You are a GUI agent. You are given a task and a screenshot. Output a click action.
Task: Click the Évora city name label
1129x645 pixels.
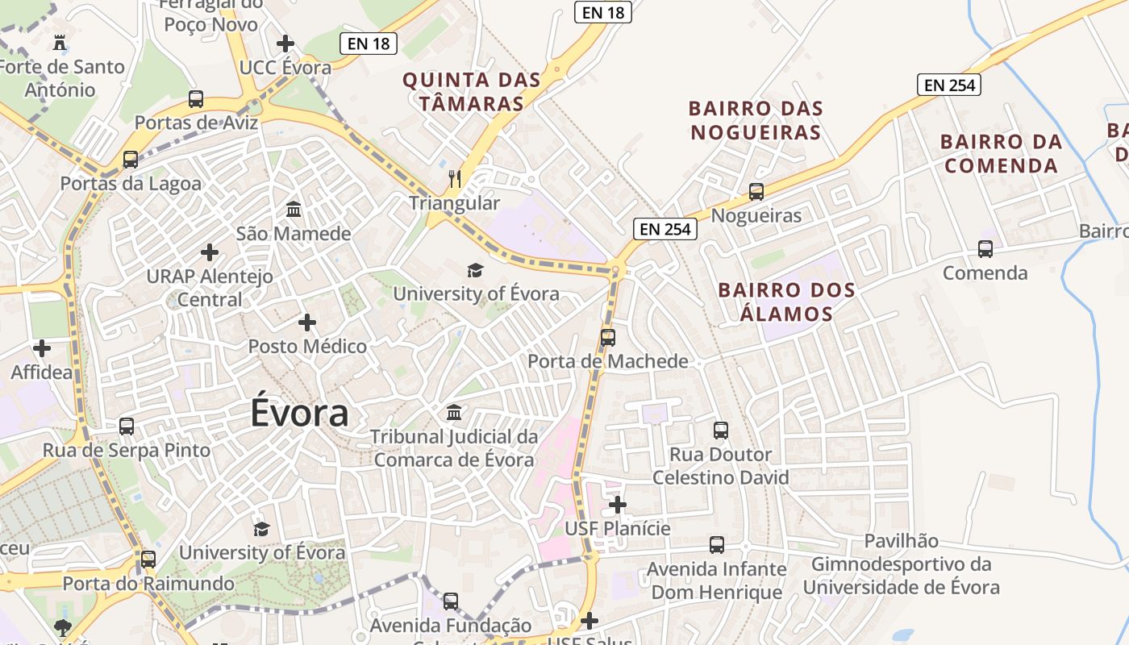coord(299,413)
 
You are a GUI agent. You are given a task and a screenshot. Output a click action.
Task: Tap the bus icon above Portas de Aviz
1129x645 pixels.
coord(196,99)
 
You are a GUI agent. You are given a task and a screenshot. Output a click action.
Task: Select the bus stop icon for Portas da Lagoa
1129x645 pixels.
coord(131,160)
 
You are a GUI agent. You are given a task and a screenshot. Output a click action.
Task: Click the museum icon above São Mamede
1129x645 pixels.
coord(294,210)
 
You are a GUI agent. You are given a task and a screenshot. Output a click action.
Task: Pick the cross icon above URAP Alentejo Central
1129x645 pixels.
coord(210,252)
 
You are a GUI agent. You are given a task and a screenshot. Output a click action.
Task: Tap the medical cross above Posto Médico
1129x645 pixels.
coord(307,322)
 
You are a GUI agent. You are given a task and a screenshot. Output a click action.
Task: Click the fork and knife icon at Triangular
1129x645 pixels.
coord(455,179)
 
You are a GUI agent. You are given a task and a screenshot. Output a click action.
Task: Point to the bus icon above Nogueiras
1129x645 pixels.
coord(756,192)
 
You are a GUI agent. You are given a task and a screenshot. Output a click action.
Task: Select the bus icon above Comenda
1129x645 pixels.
coord(985,249)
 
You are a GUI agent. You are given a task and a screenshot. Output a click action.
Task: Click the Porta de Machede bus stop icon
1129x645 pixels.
coord(608,337)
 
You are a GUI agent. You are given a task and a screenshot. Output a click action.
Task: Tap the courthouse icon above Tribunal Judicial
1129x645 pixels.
coord(454,413)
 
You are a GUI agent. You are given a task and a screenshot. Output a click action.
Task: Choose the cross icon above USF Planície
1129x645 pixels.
coord(618,505)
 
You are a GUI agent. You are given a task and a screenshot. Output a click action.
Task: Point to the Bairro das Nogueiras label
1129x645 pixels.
coord(756,120)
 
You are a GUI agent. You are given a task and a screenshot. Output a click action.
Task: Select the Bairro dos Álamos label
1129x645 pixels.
coord(786,302)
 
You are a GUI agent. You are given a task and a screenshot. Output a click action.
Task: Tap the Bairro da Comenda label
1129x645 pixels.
coord(1001,153)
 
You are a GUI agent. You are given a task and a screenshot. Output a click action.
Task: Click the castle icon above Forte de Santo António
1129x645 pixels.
coord(60,42)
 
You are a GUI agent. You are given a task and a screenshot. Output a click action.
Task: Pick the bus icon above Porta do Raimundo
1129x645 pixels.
coord(148,559)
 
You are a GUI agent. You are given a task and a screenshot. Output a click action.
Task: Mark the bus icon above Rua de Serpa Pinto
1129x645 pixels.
coord(127,426)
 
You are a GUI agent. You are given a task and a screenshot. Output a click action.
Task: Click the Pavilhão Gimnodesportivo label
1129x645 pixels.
coord(902,564)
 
